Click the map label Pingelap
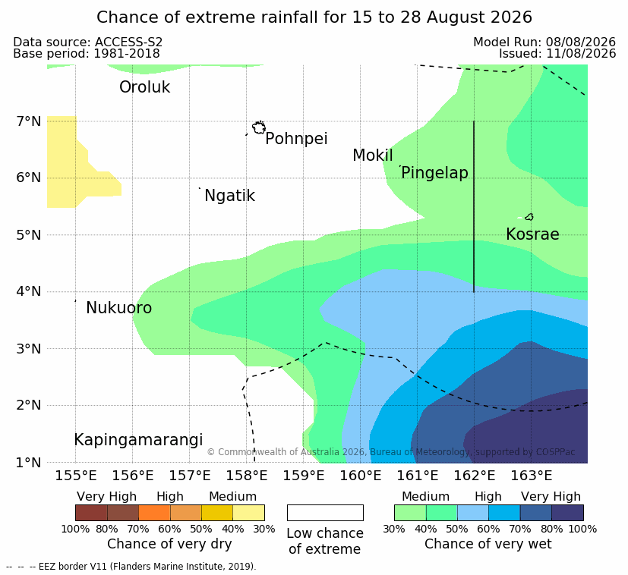(434, 173)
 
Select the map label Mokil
(373, 156)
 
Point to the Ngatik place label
(229, 196)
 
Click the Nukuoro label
(119, 308)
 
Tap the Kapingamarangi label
(138, 440)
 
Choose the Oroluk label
(144, 86)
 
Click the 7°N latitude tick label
(29, 121)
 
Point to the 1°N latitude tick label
(29, 463)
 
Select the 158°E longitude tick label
(246, 476)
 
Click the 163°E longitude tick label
(532, 476)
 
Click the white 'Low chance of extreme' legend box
(325, 513)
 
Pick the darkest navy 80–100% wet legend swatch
(567, 513)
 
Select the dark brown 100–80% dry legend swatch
(91, 513)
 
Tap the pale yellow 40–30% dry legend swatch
(249, 513)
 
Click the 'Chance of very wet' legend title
(488, 544)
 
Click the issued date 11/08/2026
(581, 54)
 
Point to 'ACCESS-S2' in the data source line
(128, 42)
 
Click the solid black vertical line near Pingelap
(474, 206)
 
